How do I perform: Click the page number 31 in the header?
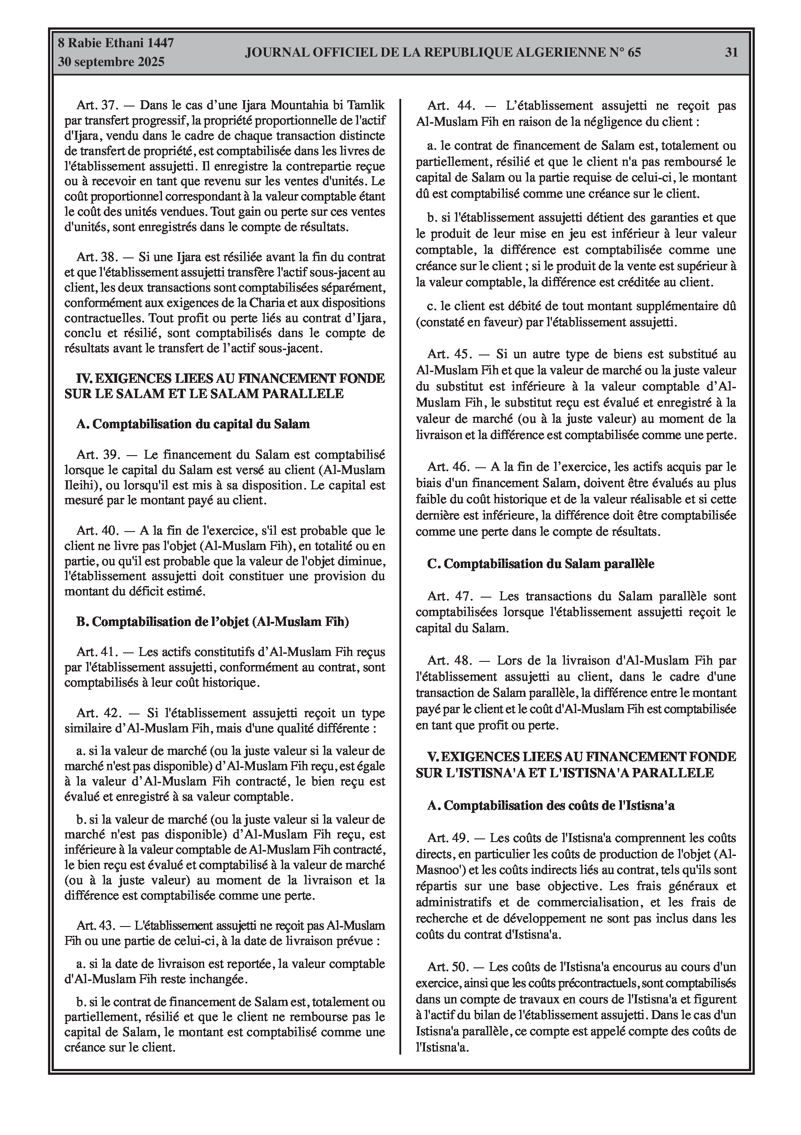click(x=731, y=53)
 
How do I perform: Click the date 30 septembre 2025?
click(x=111, y=62)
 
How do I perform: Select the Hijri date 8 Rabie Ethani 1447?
click(x=116, y=43)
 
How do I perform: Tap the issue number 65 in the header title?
click(x=634, y=53)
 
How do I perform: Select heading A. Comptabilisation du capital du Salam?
click(x=193, y=424)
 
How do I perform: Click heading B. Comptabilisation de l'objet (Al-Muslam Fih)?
click(x=212, y=622)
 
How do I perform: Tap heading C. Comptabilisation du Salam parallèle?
click(x=541, y=563)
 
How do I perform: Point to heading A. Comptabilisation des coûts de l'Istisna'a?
click(x=551, y=806)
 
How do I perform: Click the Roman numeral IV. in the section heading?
click(x=83, y=379)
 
